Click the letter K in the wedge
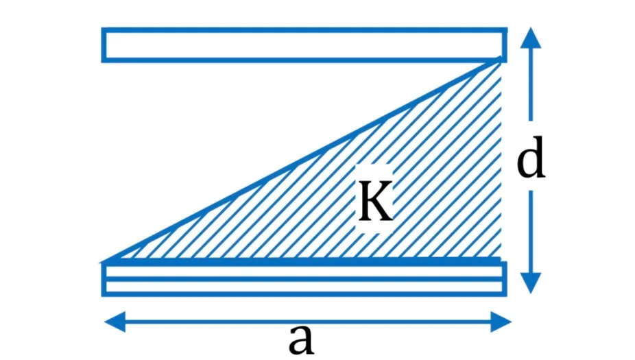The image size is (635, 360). tap(376, 201)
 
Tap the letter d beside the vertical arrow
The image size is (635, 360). tap(531, 157)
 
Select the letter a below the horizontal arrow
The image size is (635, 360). tap(301, 339)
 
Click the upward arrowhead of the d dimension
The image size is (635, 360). tap(531, 38)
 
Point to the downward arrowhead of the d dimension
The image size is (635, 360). tap(531, 283)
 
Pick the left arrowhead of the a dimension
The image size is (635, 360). tap(115, 322)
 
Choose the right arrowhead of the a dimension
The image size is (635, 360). tap(501, 322)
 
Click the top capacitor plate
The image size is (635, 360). tap(304, 45)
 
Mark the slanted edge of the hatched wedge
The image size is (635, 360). tap(302, 160)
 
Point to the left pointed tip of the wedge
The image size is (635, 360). tap(102, 263)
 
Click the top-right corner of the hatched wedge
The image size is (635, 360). tap(501, 60)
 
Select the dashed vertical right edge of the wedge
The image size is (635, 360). tap(501, 160)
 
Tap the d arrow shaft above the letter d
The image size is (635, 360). tap(531, 84)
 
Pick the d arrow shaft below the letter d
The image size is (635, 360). tap(531, 232)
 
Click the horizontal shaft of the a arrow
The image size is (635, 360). tap(308, 322)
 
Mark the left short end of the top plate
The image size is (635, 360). tap(104, 45)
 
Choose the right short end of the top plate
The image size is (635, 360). tap(505, 45)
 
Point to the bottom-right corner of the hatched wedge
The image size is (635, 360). tap(501, 259)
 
